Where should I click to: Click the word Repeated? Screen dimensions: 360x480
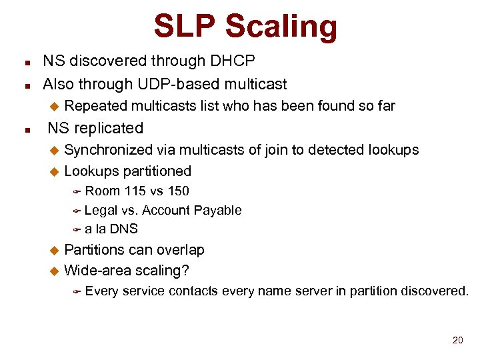click(x=96, y=105)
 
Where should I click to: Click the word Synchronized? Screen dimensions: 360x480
click(x=108, y=149)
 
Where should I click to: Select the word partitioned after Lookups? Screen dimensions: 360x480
click(x=158, y=171)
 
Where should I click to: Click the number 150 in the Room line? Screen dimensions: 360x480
click(x=178, y=191)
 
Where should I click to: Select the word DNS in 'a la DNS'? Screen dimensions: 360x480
click(x=123, y=229)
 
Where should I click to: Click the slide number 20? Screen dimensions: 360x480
click(x=457, y=341)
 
